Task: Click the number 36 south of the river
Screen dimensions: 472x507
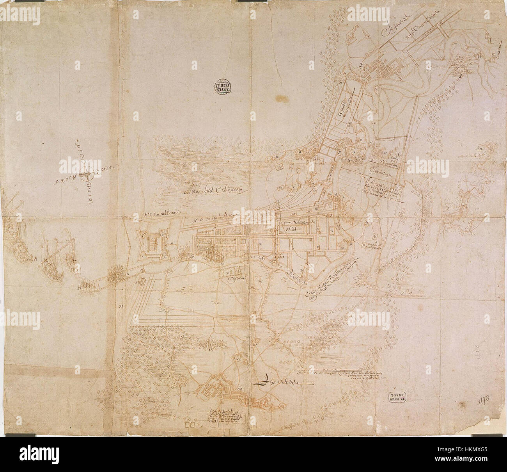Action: point(260,281)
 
